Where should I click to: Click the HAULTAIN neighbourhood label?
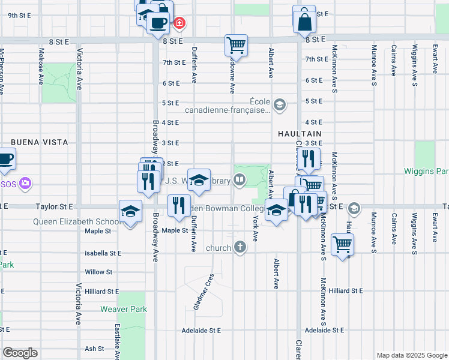300,133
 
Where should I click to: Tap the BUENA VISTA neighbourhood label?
39,142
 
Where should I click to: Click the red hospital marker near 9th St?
179,23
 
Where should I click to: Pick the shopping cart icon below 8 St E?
237,45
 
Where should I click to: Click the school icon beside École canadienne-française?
279,106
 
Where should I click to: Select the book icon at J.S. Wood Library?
240,179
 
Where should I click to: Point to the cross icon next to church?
240,247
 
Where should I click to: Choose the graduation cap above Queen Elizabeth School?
130,211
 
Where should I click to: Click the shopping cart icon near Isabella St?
342,244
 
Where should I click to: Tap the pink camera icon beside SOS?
25,183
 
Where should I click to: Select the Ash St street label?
94,349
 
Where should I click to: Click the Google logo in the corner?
20,353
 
